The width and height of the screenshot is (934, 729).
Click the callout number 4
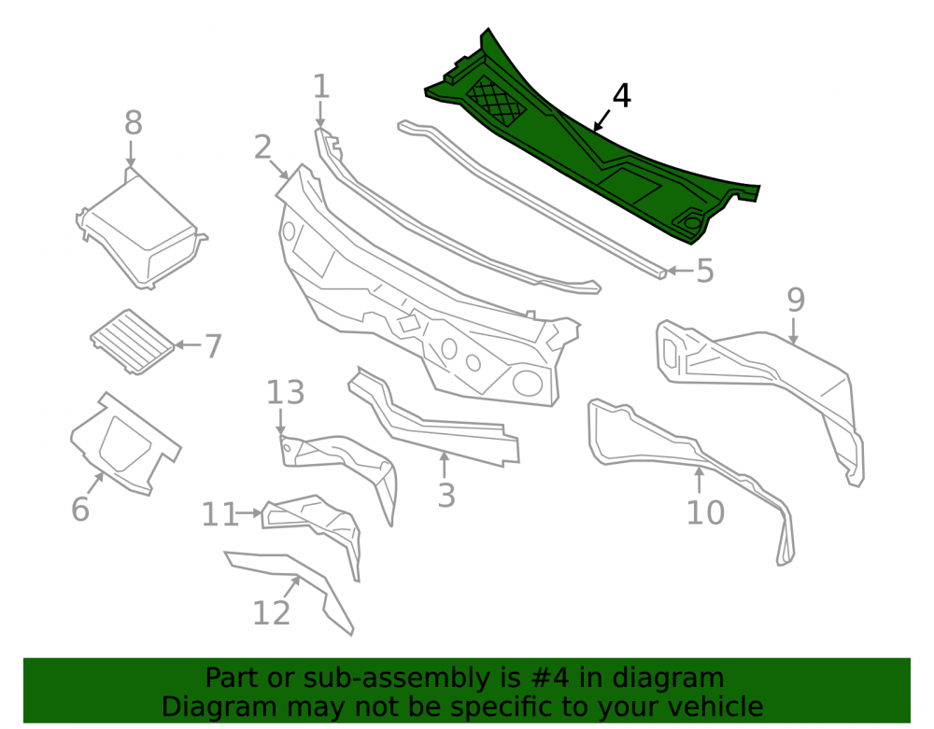[x=621, y=96]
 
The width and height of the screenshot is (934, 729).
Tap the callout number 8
[x=134, y=123]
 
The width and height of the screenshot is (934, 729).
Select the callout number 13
[x=285, y=393]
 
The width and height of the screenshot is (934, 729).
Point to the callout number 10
[x=705, y=512]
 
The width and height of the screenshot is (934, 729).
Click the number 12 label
[x=271, y=612]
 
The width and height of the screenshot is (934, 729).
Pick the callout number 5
[x=704, y=272]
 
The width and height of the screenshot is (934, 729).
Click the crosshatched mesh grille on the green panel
[x=496, y=101]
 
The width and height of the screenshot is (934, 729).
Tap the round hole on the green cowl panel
[x=692, y=222]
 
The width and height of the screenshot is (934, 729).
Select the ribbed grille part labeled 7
[x=133, y=342]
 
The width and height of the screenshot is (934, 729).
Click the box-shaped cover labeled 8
[x=141, y=229]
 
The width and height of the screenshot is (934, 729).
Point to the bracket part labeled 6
[x=125, y=443]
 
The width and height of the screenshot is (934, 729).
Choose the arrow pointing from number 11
[x=249, y=512]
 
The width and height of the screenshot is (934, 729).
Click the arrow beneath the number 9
[x=793, y=331]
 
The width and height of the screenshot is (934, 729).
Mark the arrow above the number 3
[x=444, y=466]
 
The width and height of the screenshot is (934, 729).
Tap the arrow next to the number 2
[x=279, y=169]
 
